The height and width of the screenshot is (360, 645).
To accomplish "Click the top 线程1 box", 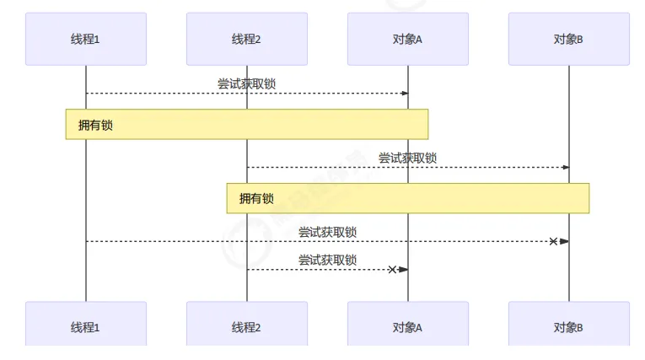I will pyautogui.click(x=85, y=39).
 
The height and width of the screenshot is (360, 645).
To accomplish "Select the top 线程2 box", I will pyautogui.click(x=246, y=39).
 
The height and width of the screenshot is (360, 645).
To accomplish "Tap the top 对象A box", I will pyautogui.click(x=407, y=39).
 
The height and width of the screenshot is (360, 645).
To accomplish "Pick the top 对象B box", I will pyautogui.click(x=568, y=39).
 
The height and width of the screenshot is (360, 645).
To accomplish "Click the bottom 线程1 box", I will pyautogui.click(x=85, y=325).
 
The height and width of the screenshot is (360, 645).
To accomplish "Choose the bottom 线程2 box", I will pyautogui.click(x=246, y=325).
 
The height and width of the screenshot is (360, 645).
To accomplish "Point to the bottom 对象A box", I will pyautogui.click(x=407, y=325).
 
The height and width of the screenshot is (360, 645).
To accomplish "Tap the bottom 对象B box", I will pyautogui.click(x=568, y=325).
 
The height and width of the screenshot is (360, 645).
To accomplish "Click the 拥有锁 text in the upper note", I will pyautogui.click(x=95, y=125).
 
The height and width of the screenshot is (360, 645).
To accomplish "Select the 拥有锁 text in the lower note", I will pyautogui.click(x=256, y=199).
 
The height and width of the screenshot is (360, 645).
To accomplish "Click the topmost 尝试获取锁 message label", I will pyautogui.click(x=246, y=83).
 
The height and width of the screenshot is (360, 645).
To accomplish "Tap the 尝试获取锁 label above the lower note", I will pyautogui.click(x=407, y=158).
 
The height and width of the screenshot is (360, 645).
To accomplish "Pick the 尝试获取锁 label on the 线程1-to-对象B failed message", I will pyautogui.click(x=327, y=232).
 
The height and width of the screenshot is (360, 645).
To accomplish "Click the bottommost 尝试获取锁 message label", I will pyautogui.click(x=327, y=260).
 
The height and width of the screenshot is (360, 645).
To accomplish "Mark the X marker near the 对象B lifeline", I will pyautogui.click(x=553, y=242).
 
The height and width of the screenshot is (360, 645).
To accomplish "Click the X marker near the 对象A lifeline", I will pyautogui.click(x=392, y=270).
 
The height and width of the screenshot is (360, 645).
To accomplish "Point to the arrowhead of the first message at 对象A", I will pyautogui.click(x=404, y=93).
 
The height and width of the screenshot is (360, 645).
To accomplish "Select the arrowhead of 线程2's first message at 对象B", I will pyautogui.click(x=565, y=167).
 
